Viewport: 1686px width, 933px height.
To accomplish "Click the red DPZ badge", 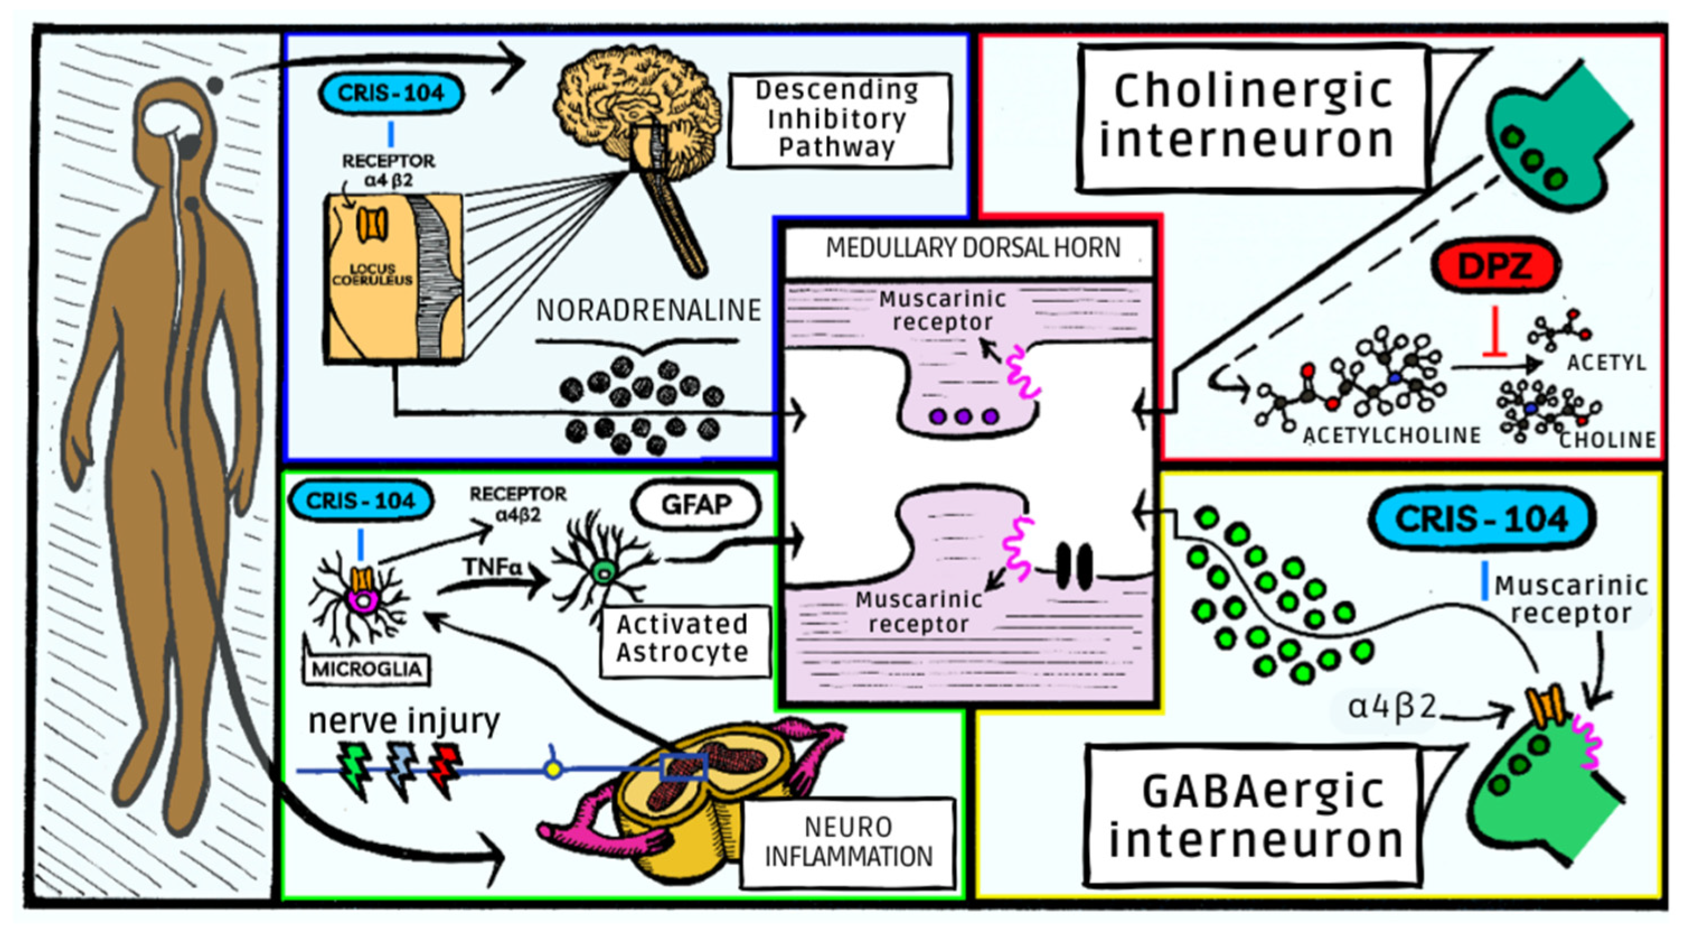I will [x=1495, y=266].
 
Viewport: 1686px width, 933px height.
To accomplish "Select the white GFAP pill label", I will [x=696, y=505].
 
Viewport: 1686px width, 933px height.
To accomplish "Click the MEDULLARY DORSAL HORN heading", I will [x=973, y=248].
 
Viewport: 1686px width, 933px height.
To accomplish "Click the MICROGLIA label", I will [x=366, y=668].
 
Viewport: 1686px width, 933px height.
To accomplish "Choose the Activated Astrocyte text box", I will [x=682, y=639].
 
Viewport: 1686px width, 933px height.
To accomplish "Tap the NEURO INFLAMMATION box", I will [x=848, y=842].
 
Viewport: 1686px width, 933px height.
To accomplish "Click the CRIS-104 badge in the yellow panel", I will [x=1481, y=519].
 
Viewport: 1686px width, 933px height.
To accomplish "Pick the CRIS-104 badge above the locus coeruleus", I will [x=391, y=93].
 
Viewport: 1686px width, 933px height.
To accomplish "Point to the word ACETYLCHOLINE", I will [x=1391, y=435].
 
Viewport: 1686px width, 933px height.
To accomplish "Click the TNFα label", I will [x=492, y=567].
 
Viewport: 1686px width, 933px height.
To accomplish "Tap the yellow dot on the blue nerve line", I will [x=554, y=770].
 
